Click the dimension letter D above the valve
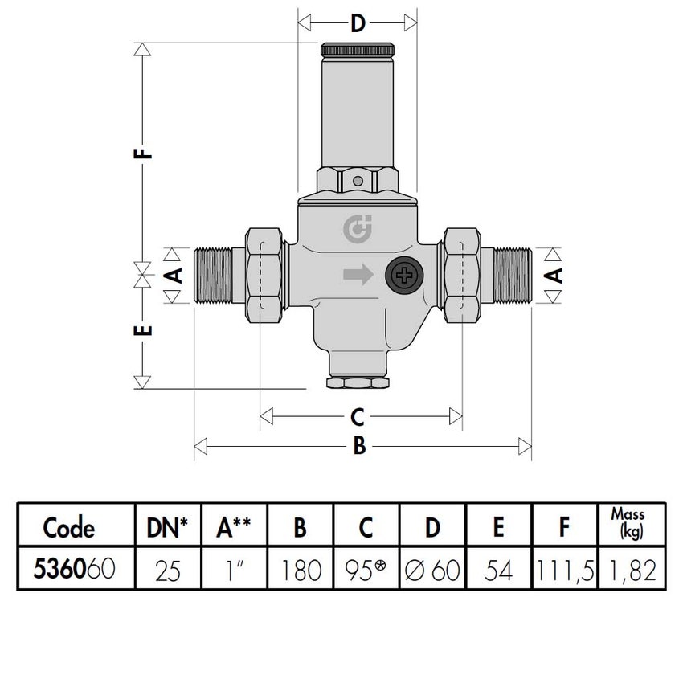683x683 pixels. click(358, 22)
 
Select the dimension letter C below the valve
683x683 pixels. click(358, 417)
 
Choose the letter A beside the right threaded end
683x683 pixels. click(553, 276)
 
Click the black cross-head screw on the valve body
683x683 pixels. click(402, 276)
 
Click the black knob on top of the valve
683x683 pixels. click(358, 48)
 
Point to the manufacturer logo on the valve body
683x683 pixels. click(354, 230)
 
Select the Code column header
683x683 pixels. click(69, 528)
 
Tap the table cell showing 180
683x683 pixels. click(299, 571)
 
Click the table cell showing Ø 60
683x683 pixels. click(432, 571)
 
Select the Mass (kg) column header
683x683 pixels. click(628, 523)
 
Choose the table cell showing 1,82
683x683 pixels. click(628, 571)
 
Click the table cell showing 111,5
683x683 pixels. click(565, 571)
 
